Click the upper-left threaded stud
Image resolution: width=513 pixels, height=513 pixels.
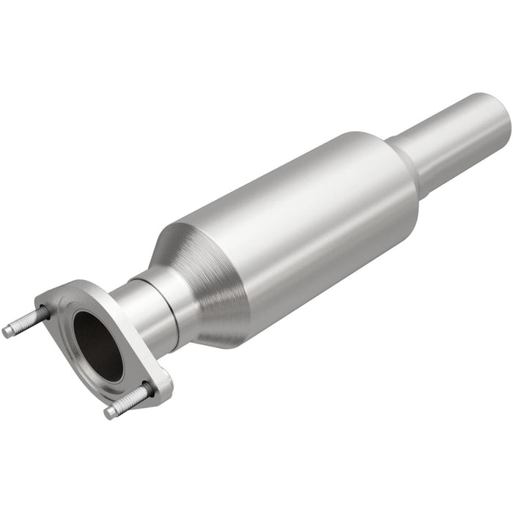click(26, 322)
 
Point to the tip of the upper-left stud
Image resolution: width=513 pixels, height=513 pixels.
click(7, 331)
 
